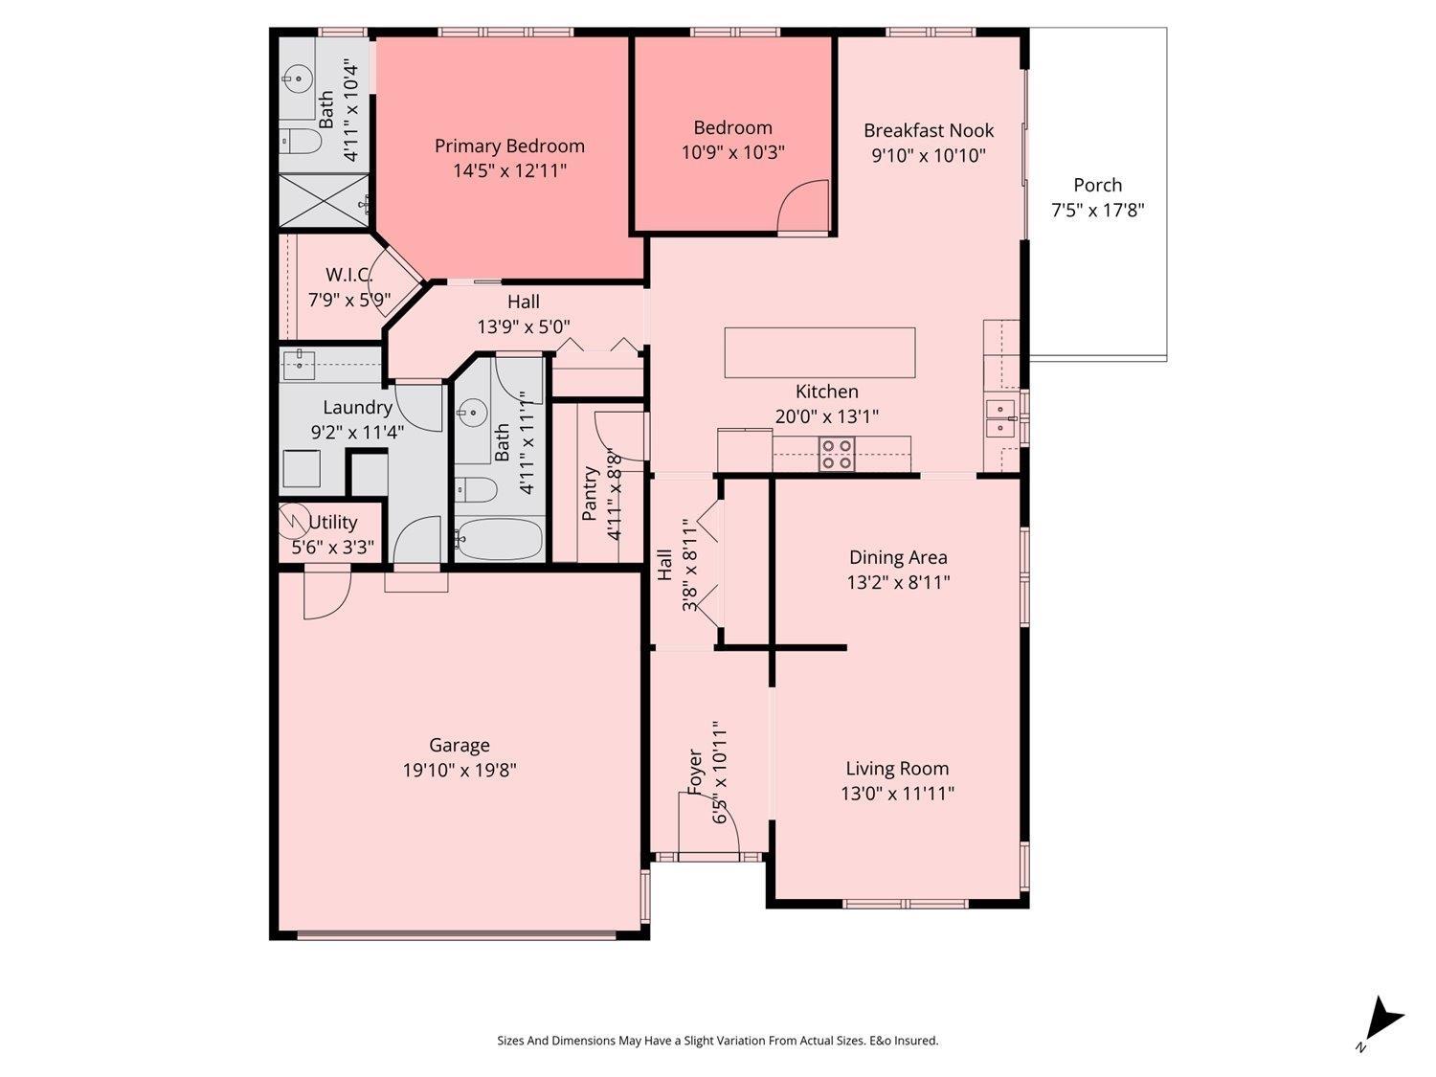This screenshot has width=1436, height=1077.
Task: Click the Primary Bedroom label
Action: [x=509, y=146]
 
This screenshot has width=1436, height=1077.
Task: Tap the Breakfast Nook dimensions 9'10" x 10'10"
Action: [x=928, y=155]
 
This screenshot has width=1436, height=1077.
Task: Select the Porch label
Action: [x=1097, y=185]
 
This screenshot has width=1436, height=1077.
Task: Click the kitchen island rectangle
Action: [x=819, y=352]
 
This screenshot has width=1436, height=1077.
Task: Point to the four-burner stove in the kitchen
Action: [x=837, y=453]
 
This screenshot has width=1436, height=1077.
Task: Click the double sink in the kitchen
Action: [x=1000, y=418]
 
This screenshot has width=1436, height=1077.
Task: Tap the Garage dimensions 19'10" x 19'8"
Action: [x=460, y=770]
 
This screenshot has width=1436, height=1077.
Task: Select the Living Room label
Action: [x=897, y=768]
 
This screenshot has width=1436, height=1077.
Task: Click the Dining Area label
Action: [x=898, y=557]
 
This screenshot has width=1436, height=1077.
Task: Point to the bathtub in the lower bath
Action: [x=499, y=539]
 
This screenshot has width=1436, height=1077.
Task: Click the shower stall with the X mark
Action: [x=325, y=201]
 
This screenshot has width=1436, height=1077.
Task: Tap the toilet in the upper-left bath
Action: [x=302, y=142]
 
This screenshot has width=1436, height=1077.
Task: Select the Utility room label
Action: [x=333, y=522]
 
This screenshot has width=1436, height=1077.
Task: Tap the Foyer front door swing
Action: [x=708, y=822]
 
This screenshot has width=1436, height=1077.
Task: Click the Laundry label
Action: [x=357, y=407]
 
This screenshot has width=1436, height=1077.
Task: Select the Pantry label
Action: [x=591, y=493]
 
